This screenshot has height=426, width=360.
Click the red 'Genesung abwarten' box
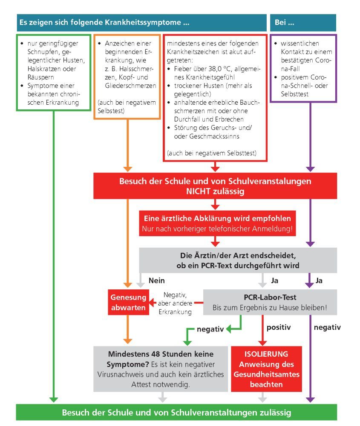(x=128, y=302)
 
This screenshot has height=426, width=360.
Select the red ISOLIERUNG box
(x=266, y=369)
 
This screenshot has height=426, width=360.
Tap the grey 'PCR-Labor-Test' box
(x=270, y=302)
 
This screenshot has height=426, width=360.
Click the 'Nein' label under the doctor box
(x=157, y=280)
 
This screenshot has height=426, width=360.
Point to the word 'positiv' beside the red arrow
(x=279, y=327)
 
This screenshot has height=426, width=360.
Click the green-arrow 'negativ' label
(x=210, y=329)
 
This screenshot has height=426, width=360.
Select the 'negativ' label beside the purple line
(x=327, y=327)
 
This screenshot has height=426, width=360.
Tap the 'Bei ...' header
(x=303, y=23)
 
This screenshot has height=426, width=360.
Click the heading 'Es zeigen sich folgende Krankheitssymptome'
(x=104, y=22)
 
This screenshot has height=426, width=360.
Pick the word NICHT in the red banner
(x=199, y=191)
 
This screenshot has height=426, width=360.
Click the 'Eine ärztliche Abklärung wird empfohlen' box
(x=217, y=223)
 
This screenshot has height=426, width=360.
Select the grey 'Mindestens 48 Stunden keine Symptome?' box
(x=161, y=369)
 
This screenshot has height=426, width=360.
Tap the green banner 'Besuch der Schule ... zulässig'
(x=176, y=412)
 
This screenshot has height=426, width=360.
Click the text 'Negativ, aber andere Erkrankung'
(x=175, y=303)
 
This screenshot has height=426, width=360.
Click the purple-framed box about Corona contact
(x=303, y=69)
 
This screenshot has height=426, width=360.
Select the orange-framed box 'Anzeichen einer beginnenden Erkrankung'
(x=127, y=77)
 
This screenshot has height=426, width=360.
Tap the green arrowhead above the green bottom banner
(x=54, y=399)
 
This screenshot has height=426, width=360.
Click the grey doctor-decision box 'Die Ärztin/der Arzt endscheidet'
(x=238, y=260)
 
